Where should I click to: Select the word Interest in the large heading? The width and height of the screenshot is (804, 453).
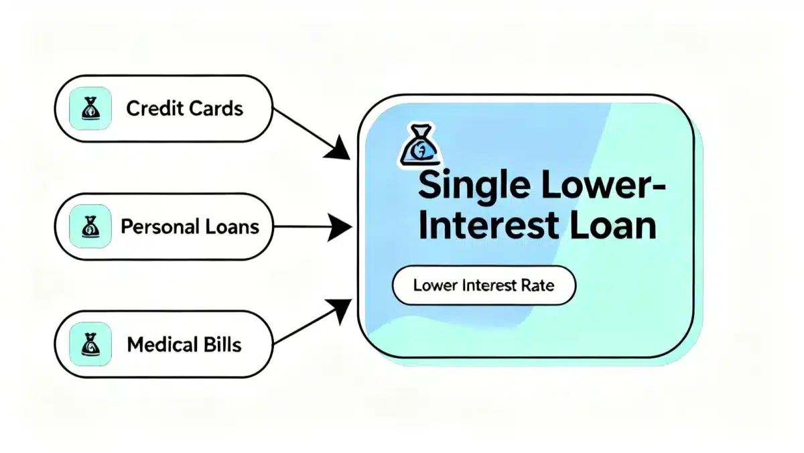tap(493, 226)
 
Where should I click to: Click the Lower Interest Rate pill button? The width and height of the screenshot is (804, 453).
tap(483, 285)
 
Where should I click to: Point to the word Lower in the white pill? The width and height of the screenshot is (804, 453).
tap(435, 285)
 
